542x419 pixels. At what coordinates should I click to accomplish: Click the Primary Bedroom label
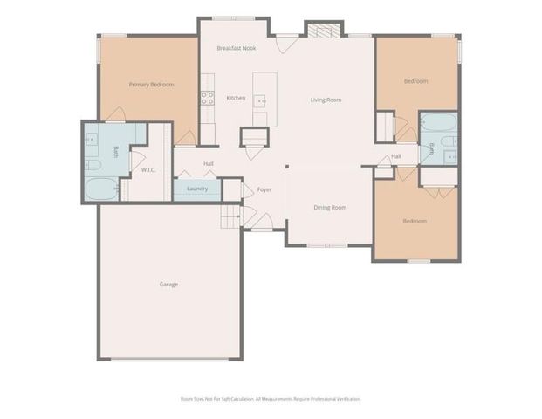pyautogui.click(x=151, y=85)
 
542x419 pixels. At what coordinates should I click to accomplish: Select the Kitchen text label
pyautogui.click(x=236, y=98)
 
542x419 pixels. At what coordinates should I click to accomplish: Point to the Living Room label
pyautogui.click(x=326, y=100)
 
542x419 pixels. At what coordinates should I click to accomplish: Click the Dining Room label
pyautogui.click(x=331, y=207)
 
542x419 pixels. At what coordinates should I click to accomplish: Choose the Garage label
pyautogui.click(x=168, y=284)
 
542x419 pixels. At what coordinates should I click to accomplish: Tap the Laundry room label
pyautogui.click(x=196, y=189)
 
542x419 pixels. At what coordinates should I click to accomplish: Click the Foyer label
pyautogui.click(x=264, y=189)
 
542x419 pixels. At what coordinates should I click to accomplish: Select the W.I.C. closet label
pyautogui.click(x=148, y=170)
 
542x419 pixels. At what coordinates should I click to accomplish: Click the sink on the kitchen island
pyautogui.click(x=260, y=99)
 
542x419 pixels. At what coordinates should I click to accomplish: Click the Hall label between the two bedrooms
pyautogui.click(x=396, y=156)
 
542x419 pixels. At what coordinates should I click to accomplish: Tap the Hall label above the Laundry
pyautogui.click(x=209, y=163)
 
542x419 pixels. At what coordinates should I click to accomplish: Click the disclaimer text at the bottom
pyautogui.click(x=270, y=398)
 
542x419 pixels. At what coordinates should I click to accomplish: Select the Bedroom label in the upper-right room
pyautogui.click(x=415, y=81)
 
